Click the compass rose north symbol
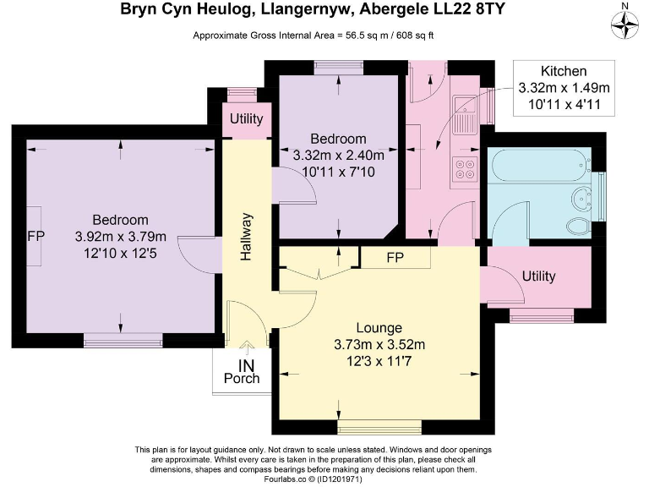(625, 25)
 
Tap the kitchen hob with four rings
(465, 169)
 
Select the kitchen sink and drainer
(466, 115)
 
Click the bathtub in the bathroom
(541, 165)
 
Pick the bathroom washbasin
(582, 199)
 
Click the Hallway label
(246, 237)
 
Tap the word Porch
(242, 379)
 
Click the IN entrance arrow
(247, 348)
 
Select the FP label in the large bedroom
(35, 236)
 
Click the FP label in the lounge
(395, 258)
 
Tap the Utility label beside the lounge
(538, 276)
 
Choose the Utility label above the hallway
(246, 119)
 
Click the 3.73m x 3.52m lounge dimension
(379, 345)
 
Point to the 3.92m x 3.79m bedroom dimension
(121, 237)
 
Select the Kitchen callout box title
(564, 71)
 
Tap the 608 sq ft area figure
(415, 36)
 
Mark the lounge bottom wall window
(379, 427)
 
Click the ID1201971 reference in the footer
(340, 479)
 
